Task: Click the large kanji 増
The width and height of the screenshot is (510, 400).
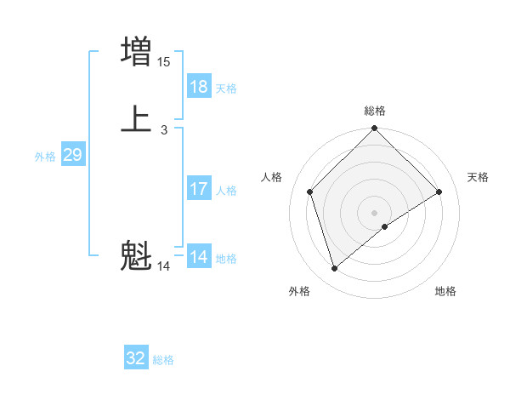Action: tap(136, 51)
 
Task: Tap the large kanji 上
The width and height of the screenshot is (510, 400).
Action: tap(136, 119)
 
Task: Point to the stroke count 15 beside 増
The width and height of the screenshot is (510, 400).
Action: tap(164, 62)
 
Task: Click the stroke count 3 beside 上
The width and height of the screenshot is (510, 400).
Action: tap(164, 130)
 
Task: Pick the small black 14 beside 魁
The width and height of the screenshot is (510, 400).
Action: tap(164, 266)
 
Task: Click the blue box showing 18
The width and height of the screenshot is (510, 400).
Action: tap(199, 86)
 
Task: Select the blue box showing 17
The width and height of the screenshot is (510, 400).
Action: tap(199, 188)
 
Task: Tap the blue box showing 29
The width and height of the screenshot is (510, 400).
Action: tap(72, 155)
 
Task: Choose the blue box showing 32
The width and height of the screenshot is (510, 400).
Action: tap(136, 358)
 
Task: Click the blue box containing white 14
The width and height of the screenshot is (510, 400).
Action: tap(199, 256)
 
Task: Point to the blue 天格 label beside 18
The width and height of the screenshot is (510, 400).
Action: tap(226, 89)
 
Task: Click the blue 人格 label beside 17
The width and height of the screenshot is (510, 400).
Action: tap(226, 191)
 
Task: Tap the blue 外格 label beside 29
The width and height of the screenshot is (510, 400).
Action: tap(45, 157)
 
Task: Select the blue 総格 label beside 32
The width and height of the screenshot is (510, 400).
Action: tap(163, 361)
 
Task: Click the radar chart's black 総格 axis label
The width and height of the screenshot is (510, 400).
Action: tap(375, 111)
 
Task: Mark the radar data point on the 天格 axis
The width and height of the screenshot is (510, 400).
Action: tap(439, 191)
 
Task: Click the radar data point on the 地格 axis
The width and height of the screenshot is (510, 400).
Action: tap(385, 226)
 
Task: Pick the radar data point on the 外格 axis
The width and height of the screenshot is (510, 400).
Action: tap(334, 269)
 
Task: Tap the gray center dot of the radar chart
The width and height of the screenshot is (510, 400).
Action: tap(375, 212)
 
